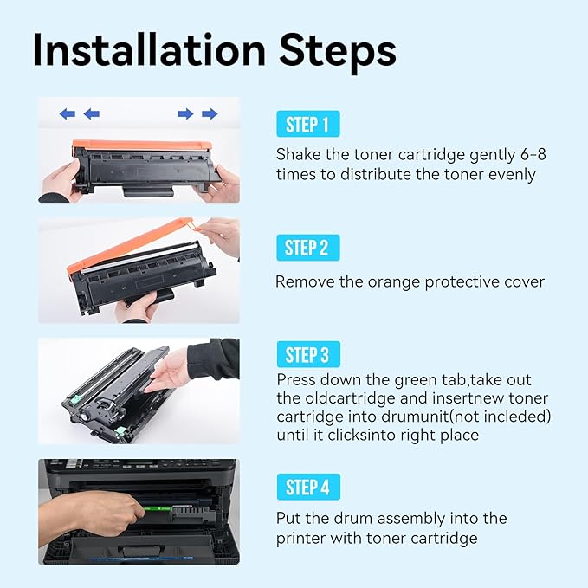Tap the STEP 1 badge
[307, 125]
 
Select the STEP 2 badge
[307, 249]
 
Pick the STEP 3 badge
[307, 354]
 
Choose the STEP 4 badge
[307, 487]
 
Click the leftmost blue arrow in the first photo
[67, 113]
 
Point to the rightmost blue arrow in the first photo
[210, 113]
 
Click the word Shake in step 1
[298, 154]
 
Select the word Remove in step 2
[302, 281]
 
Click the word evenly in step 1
[511, 174]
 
